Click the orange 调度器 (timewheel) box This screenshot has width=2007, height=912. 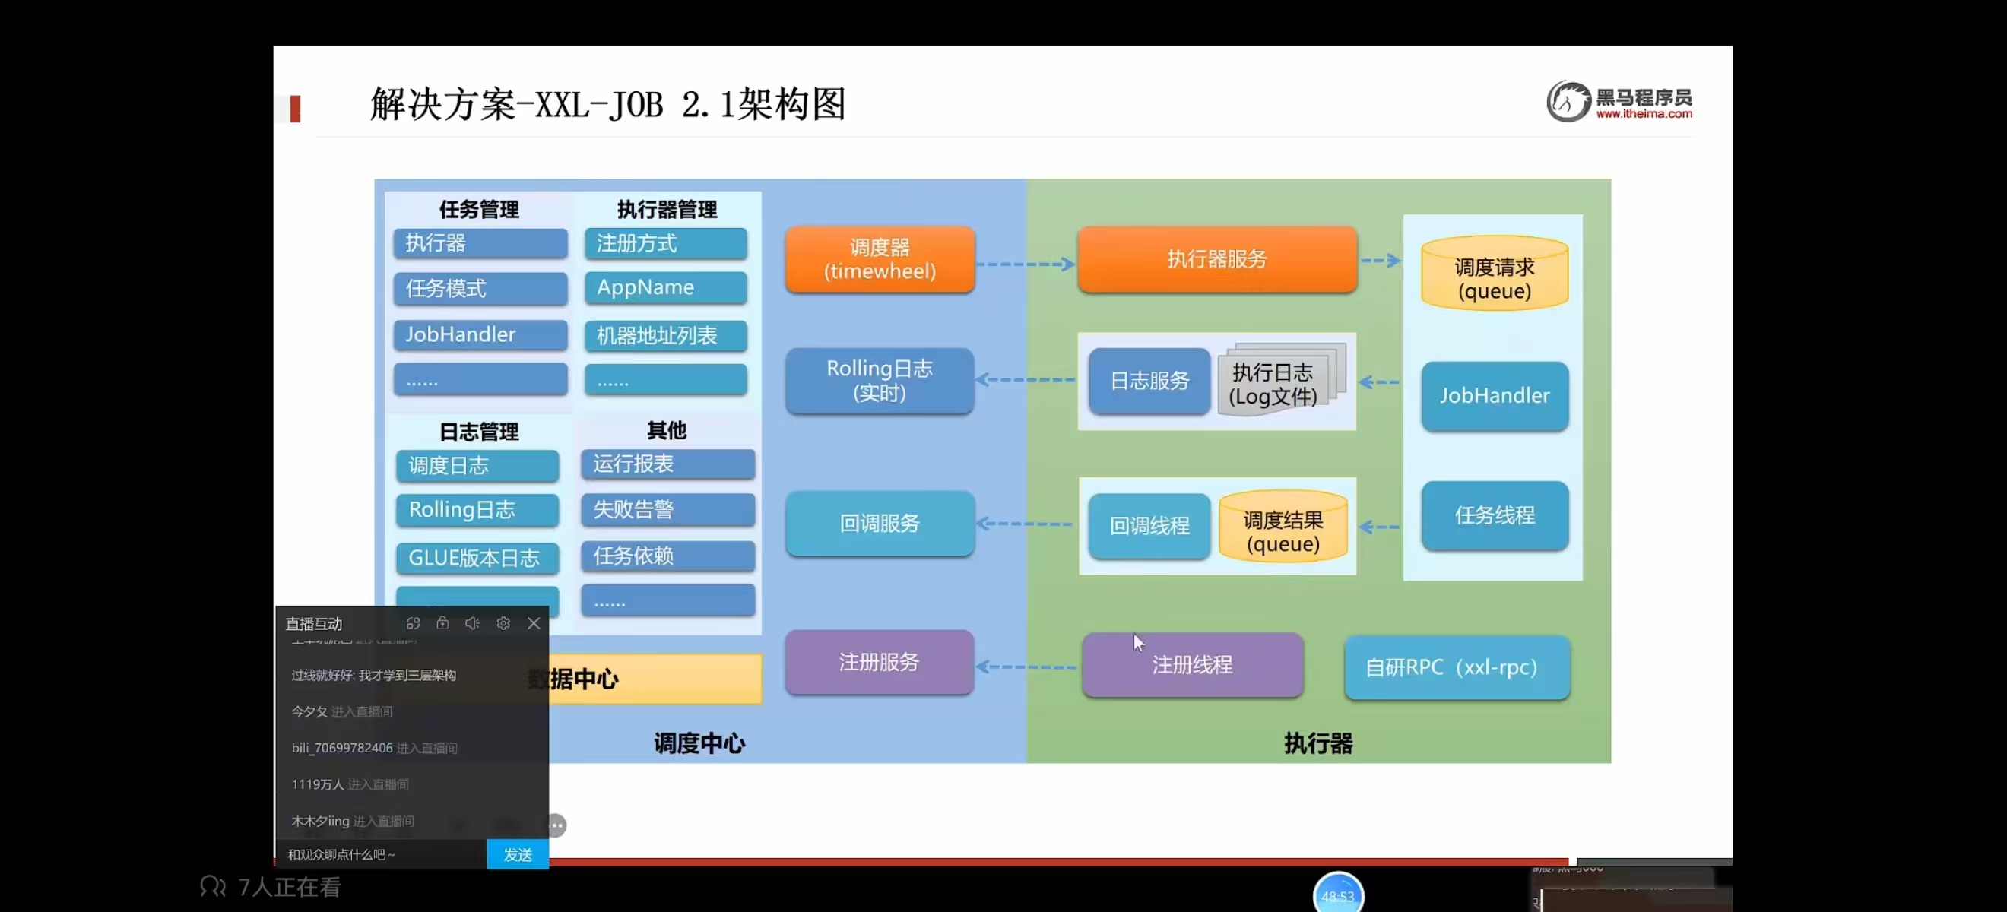click(880, 259)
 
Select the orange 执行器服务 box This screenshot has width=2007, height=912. click(1216, 259)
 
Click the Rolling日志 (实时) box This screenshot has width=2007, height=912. click(880, 380)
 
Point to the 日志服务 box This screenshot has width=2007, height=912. click(1149, 381)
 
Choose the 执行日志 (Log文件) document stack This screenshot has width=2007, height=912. click(1278, 382)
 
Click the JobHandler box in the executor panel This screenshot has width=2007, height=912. click(1494, 396)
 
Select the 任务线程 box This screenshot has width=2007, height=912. click(1494, 515)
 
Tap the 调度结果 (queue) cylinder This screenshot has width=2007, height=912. click(1283, 528)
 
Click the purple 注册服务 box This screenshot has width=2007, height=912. click(879, 662)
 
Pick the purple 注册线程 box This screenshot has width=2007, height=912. click(1191, 664)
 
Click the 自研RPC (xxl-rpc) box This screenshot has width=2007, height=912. click(1456, 667)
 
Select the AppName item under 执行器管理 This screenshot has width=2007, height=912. click(665, 287)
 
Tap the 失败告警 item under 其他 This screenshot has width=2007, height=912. click(667, 509)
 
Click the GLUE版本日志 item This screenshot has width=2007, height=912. click(477, 558)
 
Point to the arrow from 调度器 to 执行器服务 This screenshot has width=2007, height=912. click(1026, 264)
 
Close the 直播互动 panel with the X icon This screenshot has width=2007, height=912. click(534, 623)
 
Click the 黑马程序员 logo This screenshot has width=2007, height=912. click(1619, 102)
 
